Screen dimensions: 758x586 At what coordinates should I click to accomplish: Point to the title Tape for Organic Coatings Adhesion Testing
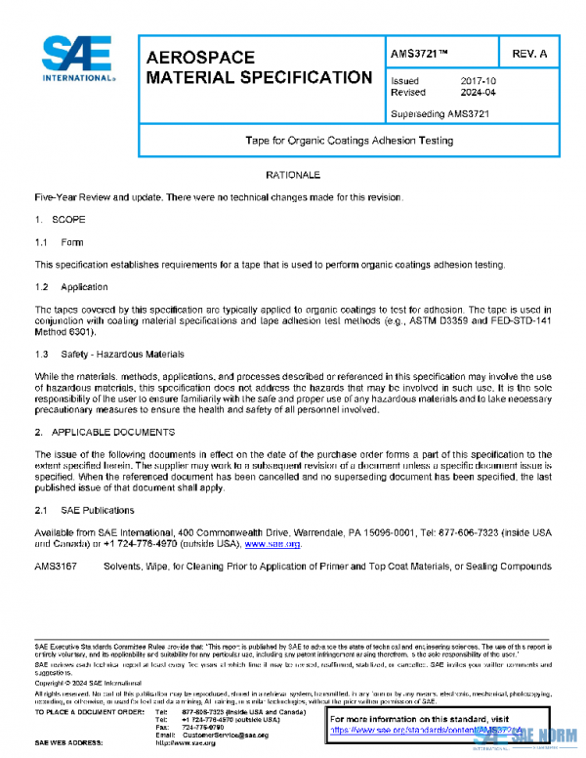tap(349, 141)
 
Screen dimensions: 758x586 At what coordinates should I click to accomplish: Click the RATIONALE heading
tap(293, 175)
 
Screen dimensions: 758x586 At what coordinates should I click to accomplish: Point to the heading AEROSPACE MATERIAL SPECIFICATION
tap(258, 67)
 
